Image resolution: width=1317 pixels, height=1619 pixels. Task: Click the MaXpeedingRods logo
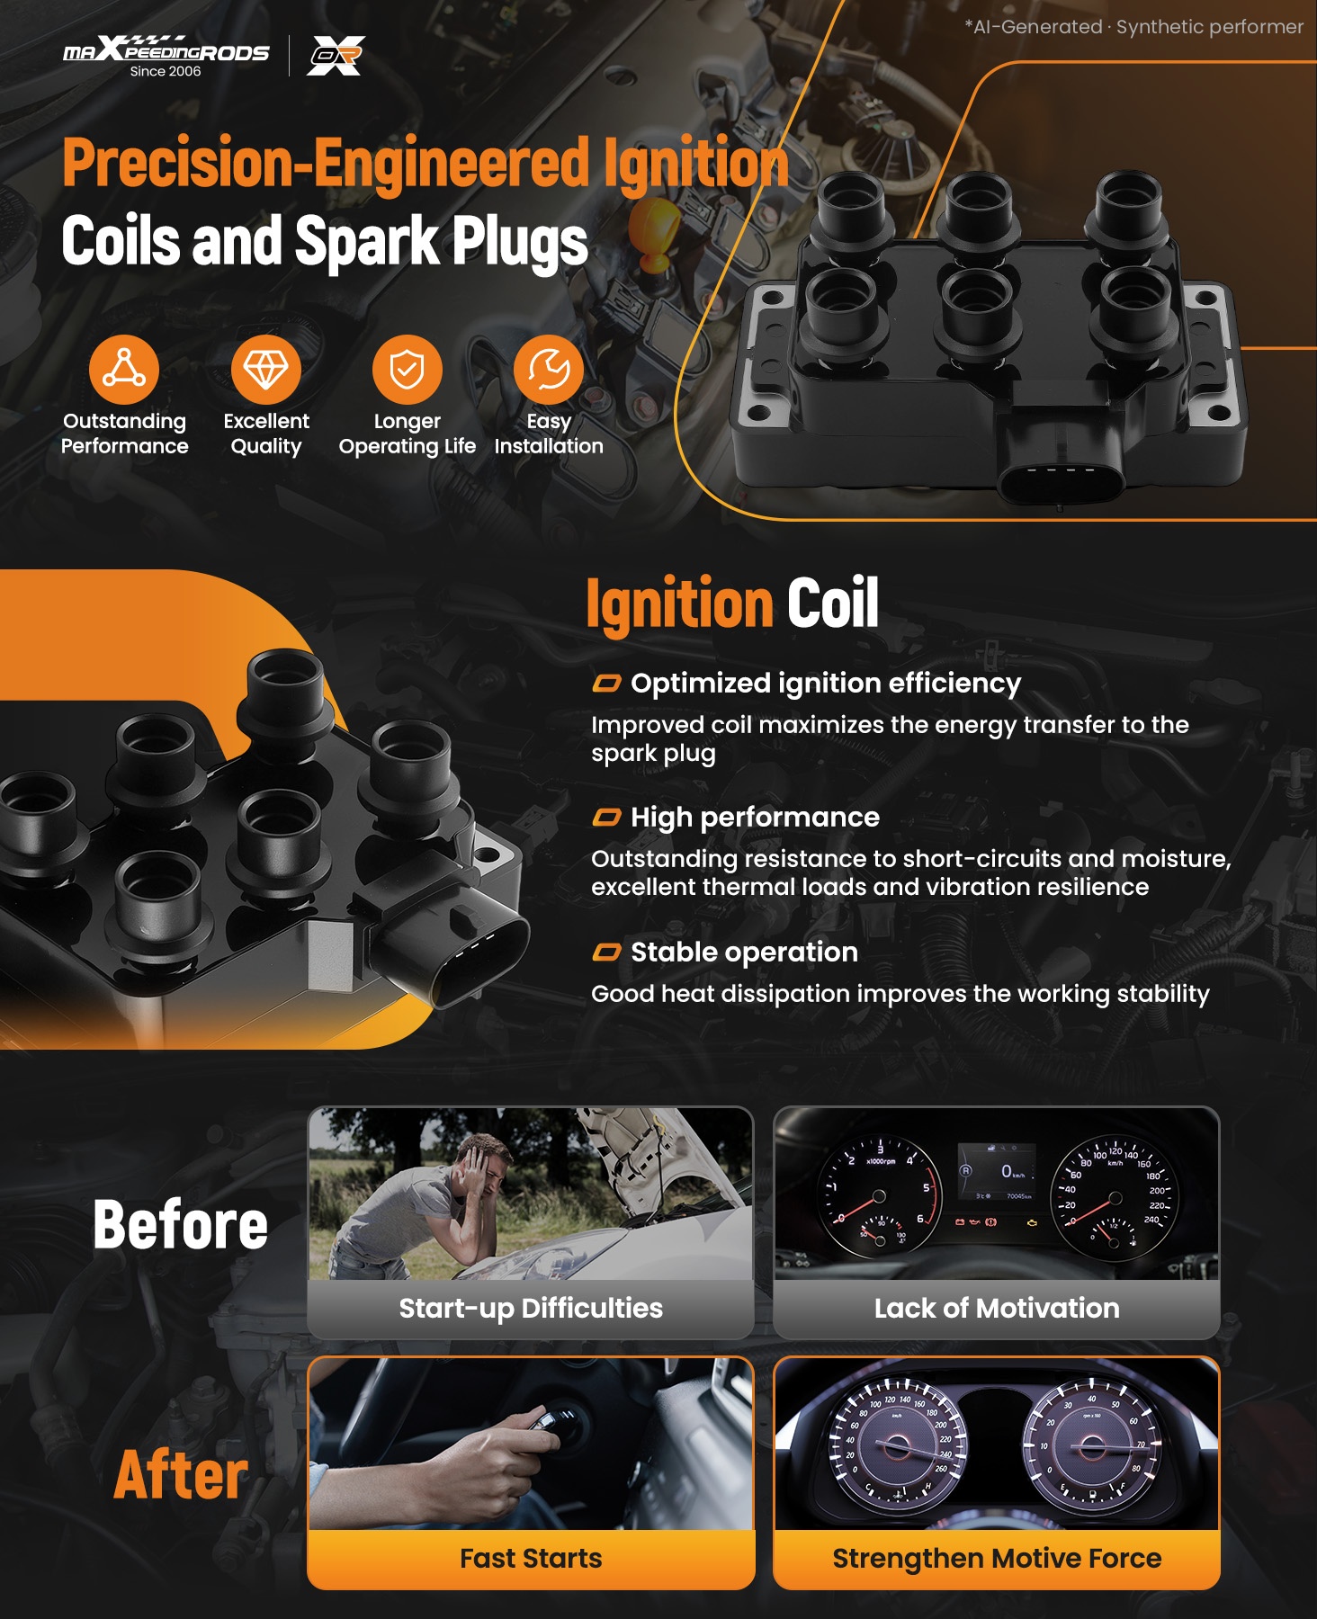click(166, 56)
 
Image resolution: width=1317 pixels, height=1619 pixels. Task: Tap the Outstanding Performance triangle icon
click(124, 370)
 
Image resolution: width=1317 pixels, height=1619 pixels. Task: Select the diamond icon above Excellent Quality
click(266, 370)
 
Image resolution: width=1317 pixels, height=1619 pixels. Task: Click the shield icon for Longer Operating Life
click(408, 370)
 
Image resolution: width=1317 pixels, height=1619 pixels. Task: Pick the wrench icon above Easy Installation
click(549, 370)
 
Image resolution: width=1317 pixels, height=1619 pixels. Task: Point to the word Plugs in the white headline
click(520, 241)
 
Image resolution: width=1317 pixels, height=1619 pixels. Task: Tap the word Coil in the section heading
click(833, 603)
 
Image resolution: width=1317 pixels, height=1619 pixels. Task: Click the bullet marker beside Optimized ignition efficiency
click(606, 684)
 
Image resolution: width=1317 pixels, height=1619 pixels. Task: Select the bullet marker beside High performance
click(606, 818)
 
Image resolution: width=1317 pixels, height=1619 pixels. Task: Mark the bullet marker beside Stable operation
click(606, 953)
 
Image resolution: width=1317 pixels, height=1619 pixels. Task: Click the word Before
click(181, 1225)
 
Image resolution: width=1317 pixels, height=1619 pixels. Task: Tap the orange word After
click(181, 1475)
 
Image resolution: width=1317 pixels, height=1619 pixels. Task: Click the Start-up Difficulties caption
click(531, 1308)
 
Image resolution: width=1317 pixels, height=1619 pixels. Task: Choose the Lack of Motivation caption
click(997, 1308)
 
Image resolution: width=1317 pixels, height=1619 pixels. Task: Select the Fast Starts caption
click(531, 1558)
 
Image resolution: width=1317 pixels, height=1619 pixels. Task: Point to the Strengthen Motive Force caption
click(997, 1559)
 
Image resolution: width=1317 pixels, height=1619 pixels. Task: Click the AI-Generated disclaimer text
click(1133, 27)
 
